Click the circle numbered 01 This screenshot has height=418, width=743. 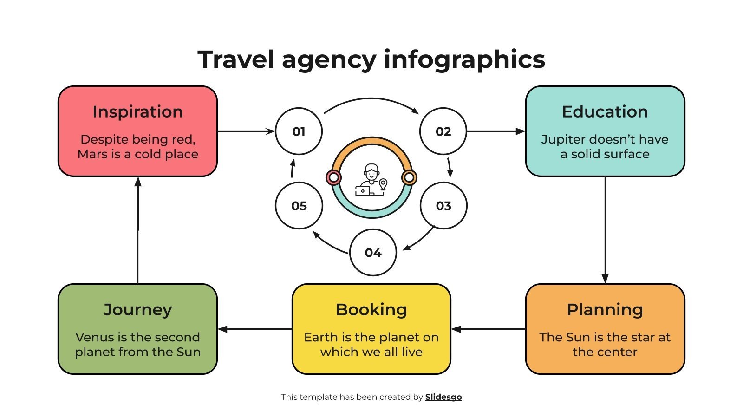pos(299,131)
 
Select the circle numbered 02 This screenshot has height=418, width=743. pos(443,131)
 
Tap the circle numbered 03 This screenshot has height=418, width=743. pos(443,206)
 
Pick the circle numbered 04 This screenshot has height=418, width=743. pos(373,253)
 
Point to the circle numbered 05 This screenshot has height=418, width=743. pos(299,206)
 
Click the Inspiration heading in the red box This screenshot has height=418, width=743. pos(137,112)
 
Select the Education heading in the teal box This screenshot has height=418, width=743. pos(605,112)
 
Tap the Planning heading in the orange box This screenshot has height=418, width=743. pos(605,310)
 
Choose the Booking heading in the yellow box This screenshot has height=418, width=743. pos(371,310)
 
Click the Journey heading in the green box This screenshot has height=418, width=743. pos(137,310)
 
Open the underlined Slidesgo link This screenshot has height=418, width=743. pos(443,397)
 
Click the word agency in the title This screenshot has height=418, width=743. pos(329,60)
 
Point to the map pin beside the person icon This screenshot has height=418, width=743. pos(383,184)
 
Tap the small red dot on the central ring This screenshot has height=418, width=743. pos(333,177)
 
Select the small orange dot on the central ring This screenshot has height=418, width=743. pos(409,177)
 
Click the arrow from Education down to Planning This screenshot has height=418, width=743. pos(605,230)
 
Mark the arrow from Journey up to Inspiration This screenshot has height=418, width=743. pos(138,230)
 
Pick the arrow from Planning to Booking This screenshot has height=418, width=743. pos(488,329)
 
